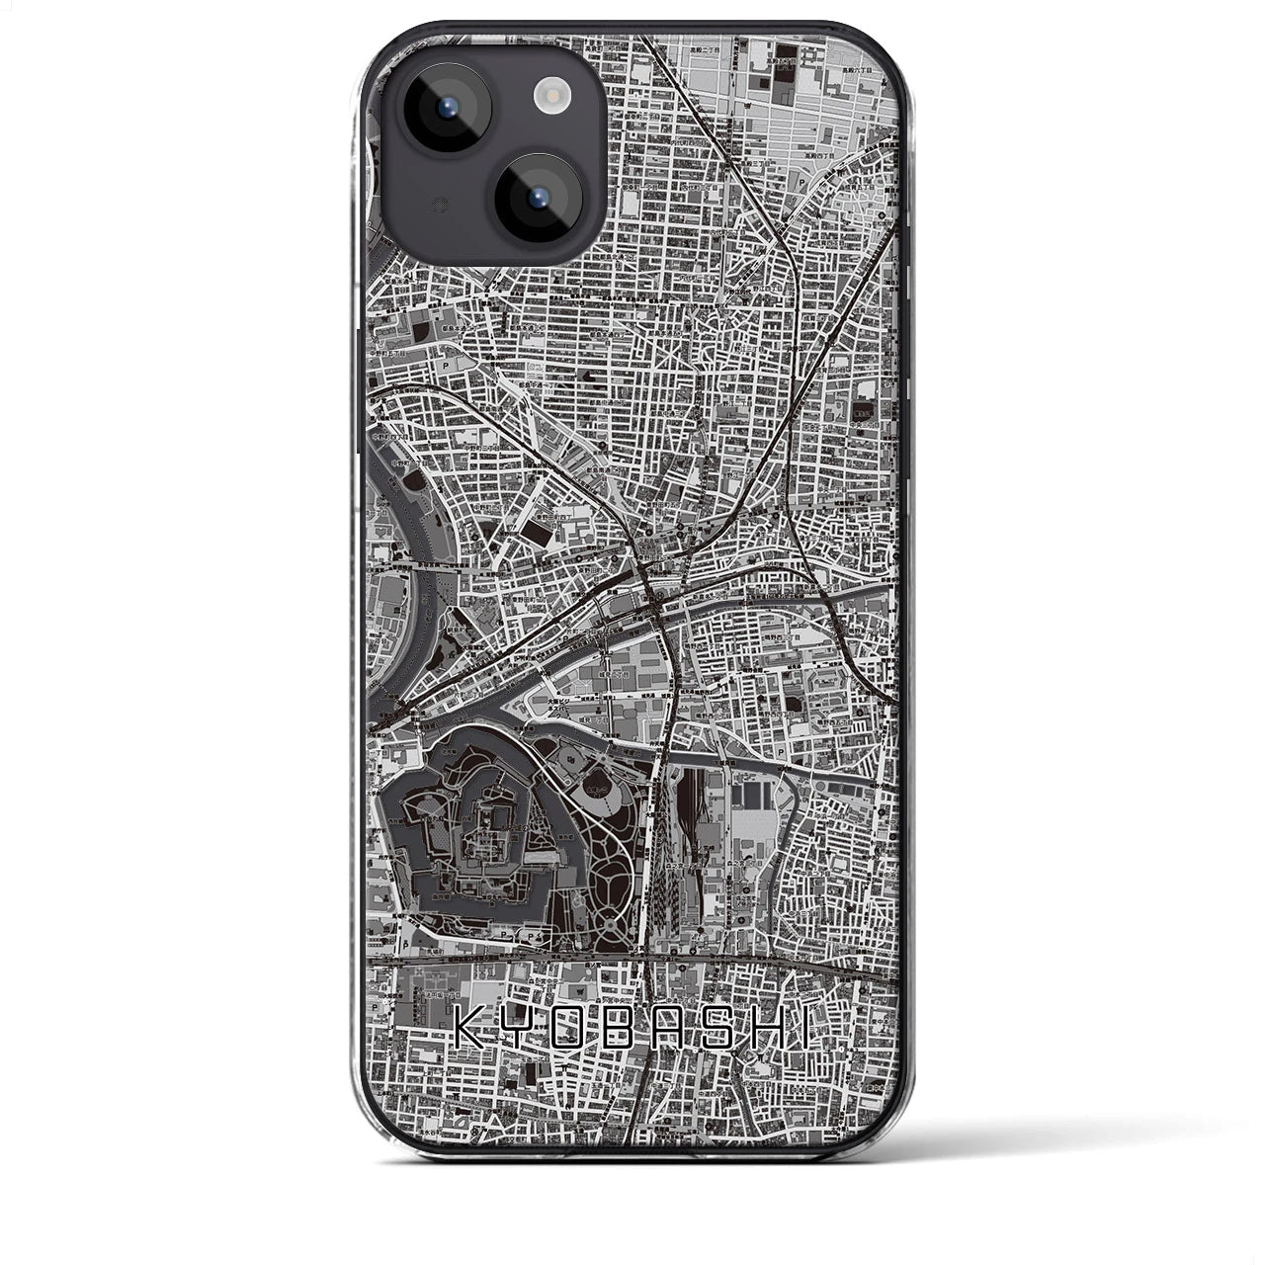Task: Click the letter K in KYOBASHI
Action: tap(472, 1027)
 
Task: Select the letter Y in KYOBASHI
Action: tap(520, 1027)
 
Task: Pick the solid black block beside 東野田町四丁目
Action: tap(544, 535)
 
